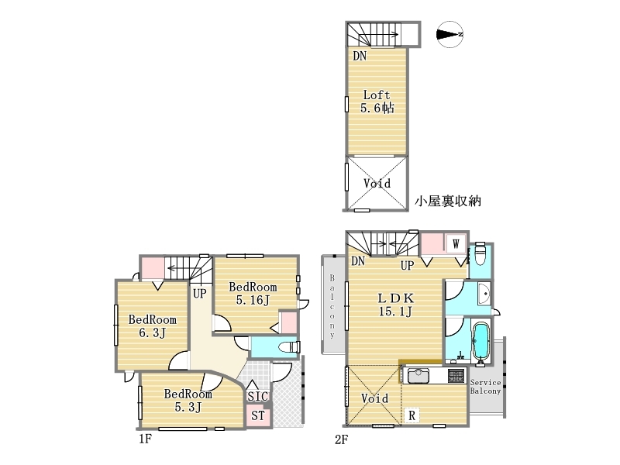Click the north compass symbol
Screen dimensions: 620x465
coord(450,34)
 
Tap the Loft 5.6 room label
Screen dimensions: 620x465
coord(377,102)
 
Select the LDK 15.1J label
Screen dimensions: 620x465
coord(395,305)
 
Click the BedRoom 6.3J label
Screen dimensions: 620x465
coord(152,325)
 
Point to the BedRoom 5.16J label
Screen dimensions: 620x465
coord(253,293)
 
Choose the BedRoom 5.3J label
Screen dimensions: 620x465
coord(188,400)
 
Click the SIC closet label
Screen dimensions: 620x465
coord(257,396)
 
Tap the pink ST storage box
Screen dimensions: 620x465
coord(258,415)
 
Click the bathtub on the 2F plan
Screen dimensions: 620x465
coord(480,342)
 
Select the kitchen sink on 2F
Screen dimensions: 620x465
coord(418,376)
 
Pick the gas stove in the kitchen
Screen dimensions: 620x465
coord(456,376)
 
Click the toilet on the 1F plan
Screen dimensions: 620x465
coord(289,347)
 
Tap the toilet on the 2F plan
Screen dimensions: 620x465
coord(480,255)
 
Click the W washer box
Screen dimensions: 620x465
coord(456,243)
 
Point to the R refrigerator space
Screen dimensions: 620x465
coord(412,415)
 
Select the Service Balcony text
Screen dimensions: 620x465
coord(485,387)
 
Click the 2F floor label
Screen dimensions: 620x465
coord(341,439)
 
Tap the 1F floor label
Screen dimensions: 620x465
coord(145,439)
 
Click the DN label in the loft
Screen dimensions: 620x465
coord(360,56)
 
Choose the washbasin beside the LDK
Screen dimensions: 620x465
coord(484,294)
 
